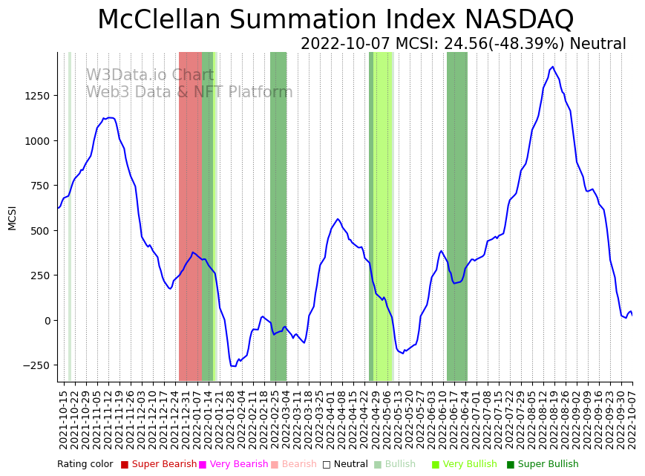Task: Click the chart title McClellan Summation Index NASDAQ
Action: pos(335,20)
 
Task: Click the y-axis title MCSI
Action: pos(12,218)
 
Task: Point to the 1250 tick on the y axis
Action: pos(37,96)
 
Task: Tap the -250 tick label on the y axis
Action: pos(36,365)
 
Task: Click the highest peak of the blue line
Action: pos(552,67)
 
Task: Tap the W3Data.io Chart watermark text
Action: pos(150,76)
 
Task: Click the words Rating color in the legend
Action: pos(85,464)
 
